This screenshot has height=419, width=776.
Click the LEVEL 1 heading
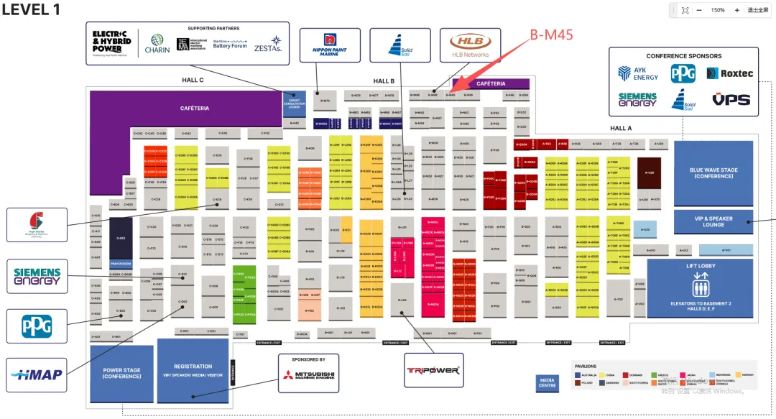click(x=31, y=10)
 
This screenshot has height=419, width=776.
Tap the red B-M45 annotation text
click(x=552, y=34)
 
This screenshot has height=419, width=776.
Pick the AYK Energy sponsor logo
click(x=638, y=73)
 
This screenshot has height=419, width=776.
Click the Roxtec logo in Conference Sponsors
click(x=729, y=73)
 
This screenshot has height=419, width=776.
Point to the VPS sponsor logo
click(x=731, y=100)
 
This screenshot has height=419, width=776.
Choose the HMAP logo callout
click(x=37, y=374)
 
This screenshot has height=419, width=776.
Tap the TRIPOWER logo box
click(x=434, y=371)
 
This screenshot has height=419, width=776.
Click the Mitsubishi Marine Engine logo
click(x=309, y=375)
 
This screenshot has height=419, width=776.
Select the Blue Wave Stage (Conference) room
click(x=713, y=173)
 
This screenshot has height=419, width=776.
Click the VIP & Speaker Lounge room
click(x=713, y=221)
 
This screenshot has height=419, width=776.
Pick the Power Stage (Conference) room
click(x=121, y=373)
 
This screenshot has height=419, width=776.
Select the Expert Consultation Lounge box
click(x=295, y=103)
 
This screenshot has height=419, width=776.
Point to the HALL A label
click(x=620, y=128)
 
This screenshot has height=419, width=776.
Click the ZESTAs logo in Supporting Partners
click(x=267, y=45)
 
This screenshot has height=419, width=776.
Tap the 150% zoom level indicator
click(x=717, y=10)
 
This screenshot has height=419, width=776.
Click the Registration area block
click(x=193, y=370)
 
